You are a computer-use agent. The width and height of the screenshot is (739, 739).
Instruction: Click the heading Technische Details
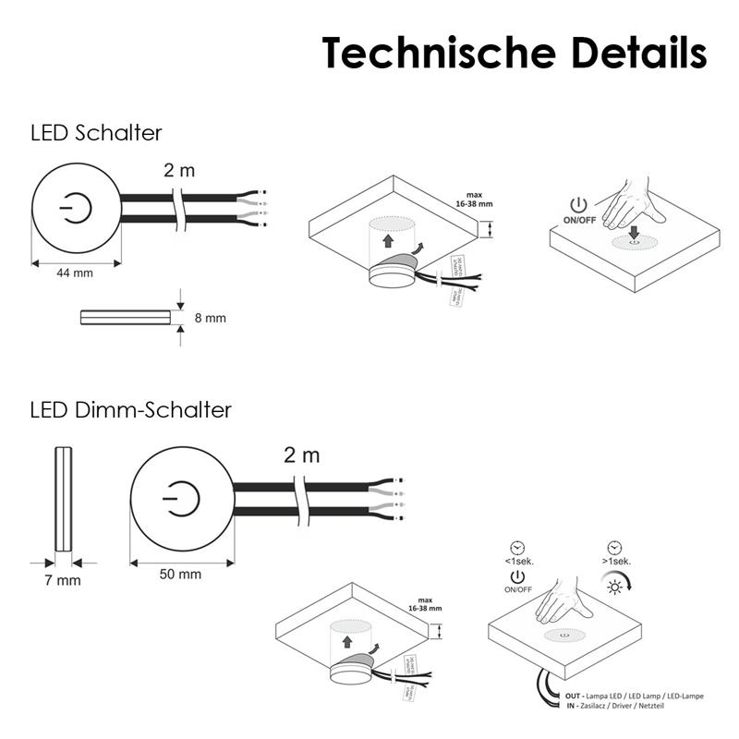coord(514,53)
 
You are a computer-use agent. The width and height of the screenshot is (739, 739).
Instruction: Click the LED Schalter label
coord(96,132)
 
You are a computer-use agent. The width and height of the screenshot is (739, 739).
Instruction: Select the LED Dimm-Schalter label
coord(130,409)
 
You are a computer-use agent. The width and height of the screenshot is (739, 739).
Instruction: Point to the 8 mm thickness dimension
coord(210,319)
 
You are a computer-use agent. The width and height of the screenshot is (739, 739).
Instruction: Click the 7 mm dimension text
coord(63,581)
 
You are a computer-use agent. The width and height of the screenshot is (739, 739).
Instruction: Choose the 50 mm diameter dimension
coord(180,575)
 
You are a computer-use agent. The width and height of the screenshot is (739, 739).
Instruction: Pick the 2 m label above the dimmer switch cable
coord(301,454)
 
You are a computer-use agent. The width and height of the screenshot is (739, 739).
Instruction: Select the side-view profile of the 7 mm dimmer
coord(64,499)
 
